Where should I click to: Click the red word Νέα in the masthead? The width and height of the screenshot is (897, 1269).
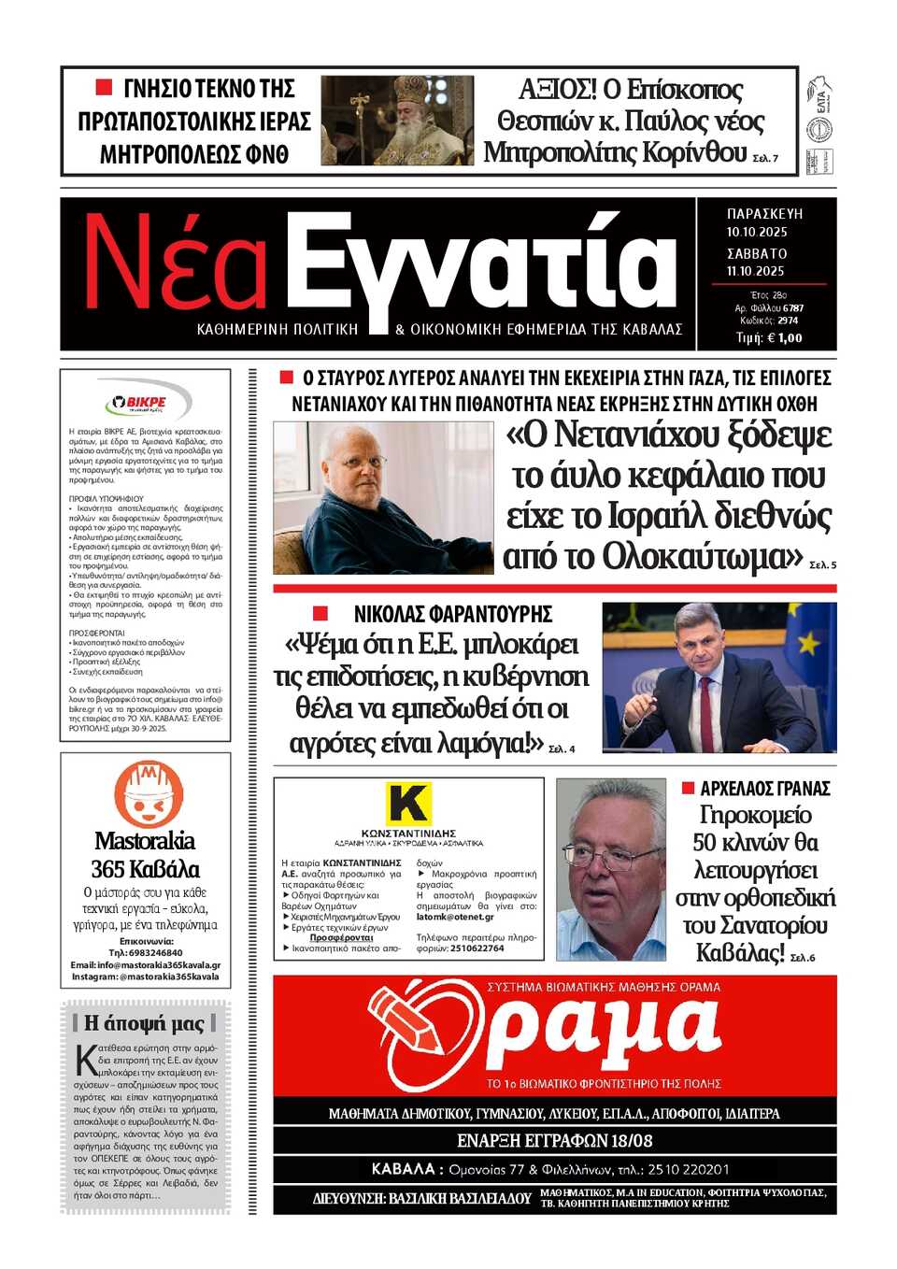[x=176, y=264]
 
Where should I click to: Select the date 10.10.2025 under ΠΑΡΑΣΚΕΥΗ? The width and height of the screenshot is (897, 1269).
[x=757, y=232]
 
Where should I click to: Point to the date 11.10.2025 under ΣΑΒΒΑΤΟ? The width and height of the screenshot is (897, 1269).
[x=756, y=271]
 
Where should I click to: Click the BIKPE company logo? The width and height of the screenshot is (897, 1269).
[x=146, y=403]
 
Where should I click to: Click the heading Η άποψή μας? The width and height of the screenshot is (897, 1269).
[x=144, y=1022]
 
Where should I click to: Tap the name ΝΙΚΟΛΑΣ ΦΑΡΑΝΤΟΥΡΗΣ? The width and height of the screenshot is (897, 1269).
[x=452, y=614]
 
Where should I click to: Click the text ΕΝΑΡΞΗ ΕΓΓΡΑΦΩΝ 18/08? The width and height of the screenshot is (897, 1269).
[x=554, y=1140]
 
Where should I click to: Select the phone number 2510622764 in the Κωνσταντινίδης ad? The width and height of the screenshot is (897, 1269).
[x=477, y=948]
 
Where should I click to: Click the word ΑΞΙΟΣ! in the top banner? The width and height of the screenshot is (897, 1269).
[x=557, y=90]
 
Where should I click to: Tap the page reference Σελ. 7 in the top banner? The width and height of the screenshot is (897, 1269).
[x=765, y=158]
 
